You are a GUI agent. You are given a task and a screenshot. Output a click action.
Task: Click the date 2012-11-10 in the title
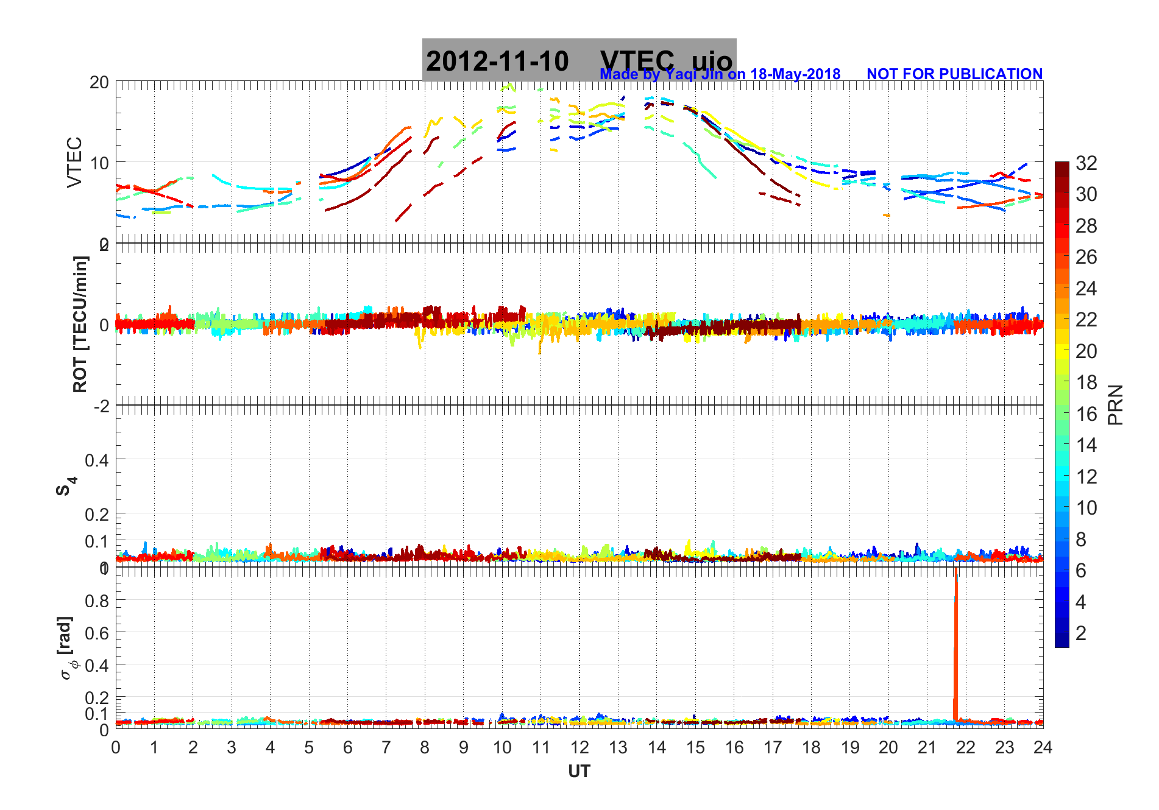[497, 62]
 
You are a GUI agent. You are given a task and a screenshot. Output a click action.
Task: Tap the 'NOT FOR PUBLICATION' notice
[954, 74]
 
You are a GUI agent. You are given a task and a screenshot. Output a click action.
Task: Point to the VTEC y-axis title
[74, 162]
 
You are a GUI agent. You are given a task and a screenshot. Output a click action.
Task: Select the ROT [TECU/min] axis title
[80, 324]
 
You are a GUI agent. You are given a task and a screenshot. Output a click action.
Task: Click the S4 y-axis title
[65, 487]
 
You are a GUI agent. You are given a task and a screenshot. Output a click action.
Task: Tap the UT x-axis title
[579, 772]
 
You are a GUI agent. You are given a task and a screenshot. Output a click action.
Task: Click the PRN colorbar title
[1115, 404]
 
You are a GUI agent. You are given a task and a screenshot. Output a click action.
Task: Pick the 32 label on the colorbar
[1086, 163]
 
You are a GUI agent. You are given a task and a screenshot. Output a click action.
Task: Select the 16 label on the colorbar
[1086, 414]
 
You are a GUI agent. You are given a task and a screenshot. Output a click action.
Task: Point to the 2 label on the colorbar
[1081, 633]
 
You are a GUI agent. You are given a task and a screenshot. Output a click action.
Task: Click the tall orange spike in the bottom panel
[955, 646]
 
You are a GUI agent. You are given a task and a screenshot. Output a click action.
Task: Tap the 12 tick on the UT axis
[579, 747]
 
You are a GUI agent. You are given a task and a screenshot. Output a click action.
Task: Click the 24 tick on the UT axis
[1043, 747]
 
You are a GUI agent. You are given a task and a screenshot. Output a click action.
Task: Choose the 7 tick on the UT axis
[386, 747]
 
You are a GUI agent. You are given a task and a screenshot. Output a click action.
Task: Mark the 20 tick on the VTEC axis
[99, 82]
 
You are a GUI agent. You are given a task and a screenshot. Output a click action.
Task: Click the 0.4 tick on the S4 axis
[97, 460]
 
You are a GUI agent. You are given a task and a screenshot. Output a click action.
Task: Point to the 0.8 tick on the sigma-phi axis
[97, 600]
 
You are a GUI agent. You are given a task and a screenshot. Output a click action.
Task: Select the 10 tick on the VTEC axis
[99, 163]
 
